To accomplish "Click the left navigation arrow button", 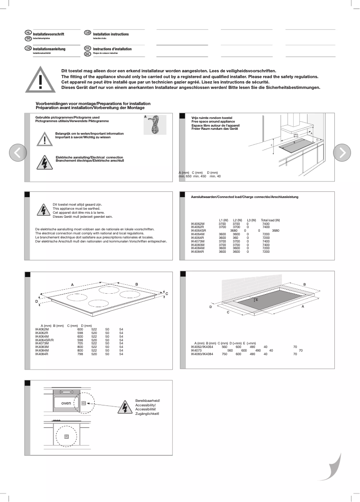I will tap(18, 153).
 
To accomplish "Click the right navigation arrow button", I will tap(342, 153).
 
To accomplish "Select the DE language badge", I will tap(28, 48).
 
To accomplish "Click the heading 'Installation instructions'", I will tap(111, 34).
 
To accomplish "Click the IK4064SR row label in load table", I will tap(198, 230).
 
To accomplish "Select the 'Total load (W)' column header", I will tap(270, 220).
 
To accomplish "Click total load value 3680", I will tap(275, 230).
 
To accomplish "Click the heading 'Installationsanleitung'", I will tap(49, 49).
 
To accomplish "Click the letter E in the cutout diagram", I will tap(257, 299).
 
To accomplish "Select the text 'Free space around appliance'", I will tap(206, 121).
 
